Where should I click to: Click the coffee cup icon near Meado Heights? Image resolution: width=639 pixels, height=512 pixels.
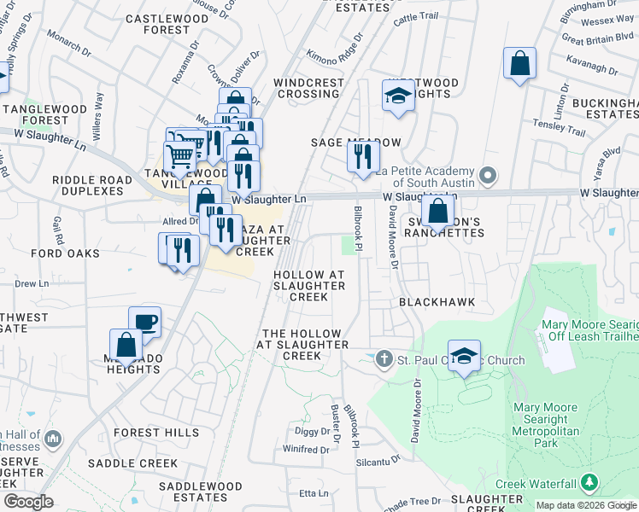point(144,322)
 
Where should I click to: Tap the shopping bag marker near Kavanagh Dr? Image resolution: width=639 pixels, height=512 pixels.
point(519,63)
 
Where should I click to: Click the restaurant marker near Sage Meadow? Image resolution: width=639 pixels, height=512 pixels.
point(363,156)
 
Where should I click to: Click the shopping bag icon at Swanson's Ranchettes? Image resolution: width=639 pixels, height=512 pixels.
point(437,211)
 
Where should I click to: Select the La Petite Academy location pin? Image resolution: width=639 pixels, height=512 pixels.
point(488,177)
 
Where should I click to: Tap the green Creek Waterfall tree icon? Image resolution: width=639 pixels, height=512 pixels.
point(589,484)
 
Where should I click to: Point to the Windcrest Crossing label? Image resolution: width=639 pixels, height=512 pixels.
point(296,88)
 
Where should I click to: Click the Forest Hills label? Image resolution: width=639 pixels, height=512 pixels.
point(143,433)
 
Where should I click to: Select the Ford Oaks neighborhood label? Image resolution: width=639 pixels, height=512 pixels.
point(65,253)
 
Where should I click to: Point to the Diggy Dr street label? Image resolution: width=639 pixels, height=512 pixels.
point(312,431)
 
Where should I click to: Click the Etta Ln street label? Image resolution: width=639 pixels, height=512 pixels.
point(312,493)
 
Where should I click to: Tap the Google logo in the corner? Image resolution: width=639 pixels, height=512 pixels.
point(29,501)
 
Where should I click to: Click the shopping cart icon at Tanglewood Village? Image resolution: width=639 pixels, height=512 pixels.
point(180,156)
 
